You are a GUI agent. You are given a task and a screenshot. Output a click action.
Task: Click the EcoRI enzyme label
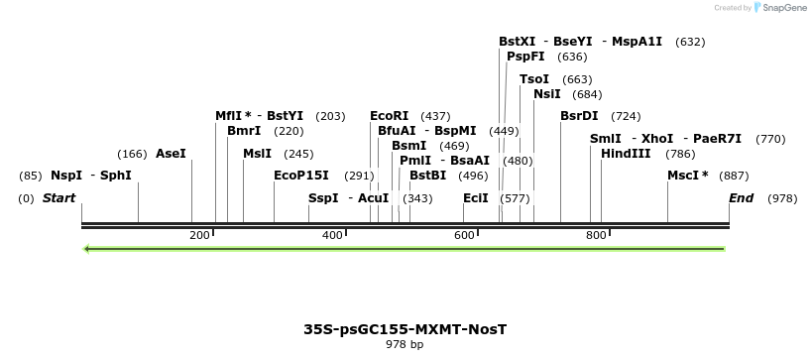click(389, 116)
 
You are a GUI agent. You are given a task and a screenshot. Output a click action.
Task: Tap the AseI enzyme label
click(171, 154)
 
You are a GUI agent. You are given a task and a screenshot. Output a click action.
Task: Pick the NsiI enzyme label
click(546, 94)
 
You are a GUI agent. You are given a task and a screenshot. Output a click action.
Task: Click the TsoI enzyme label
click(533, 79)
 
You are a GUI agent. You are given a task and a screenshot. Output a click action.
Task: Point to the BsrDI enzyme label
click(579, 116)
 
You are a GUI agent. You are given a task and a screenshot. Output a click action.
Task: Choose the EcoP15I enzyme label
click(300, 176)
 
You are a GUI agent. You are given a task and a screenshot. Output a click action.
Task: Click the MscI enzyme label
click(687, 176)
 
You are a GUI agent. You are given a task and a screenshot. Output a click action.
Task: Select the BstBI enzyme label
click(428, 176)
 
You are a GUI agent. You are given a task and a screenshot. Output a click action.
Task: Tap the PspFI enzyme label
click(525, 57)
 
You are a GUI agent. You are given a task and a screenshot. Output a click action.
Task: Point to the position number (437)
click(435, 116)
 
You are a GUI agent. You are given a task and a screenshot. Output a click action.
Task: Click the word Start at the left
click(58, 198)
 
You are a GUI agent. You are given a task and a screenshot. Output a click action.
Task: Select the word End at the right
click(741, 198)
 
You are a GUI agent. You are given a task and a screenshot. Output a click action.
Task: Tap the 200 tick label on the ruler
click(199, 235)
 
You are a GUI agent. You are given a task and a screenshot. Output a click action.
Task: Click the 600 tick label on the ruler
click(464, 235)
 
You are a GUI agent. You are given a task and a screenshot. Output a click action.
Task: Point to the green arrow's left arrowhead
click(87, 248)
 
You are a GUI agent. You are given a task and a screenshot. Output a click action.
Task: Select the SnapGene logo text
click(783, 8)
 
